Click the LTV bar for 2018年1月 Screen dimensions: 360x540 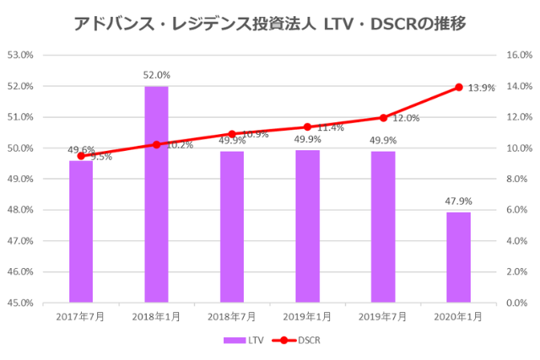coord(156,194)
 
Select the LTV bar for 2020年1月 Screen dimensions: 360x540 coord(458,257)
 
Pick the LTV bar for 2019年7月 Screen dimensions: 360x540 coord(383,226)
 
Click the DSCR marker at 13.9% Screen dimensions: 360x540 coord(459,87)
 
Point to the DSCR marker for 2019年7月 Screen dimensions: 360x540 coord(383,118)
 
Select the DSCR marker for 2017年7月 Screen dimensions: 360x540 coord(81,156)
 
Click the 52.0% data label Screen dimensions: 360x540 coord(156,75)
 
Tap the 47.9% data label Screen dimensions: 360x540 coord(458,201)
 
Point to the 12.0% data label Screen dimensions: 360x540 coord(406,119)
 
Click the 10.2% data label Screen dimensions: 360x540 coord(180,145)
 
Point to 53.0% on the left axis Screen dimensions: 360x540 coord(19,56)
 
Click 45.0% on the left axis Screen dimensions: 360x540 coord(19,303)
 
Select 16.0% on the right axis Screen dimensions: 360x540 coord(517,56)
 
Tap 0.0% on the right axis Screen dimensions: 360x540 coord(517,303)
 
